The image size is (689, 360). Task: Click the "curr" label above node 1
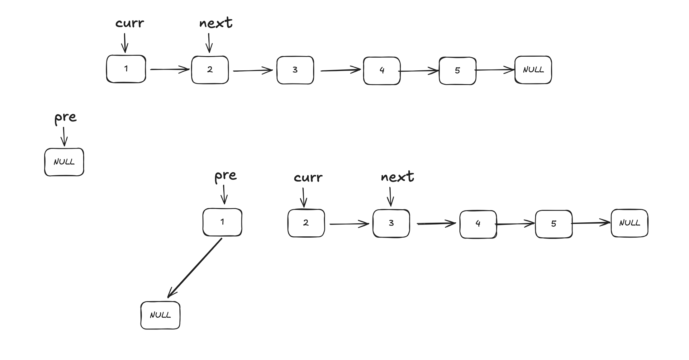click(x=130, y=23)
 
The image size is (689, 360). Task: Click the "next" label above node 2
click(x=216, y=23)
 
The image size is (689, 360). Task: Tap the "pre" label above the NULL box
click(x=65, y=118)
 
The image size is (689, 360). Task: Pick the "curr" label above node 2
click(x=308, y=178)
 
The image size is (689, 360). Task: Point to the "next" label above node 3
click(x=397, y=177)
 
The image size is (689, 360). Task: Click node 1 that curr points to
click(x=126, y=69)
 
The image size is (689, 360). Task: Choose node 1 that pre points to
click(x=222, y=222)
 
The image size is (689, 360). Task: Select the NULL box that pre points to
click(x=64, y=162)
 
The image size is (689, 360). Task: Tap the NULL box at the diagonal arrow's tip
click(x=160, y=315)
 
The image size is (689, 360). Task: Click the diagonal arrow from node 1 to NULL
click(x=195, y=268)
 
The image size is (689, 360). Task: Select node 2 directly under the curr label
click(x=306, y=223)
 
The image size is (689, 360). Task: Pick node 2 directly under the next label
click(x=210, y=70)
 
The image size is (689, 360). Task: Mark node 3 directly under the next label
click(x=391, y=223)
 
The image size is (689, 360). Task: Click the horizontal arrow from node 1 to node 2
click(x=169, y=69)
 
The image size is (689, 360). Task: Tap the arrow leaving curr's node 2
click(x=349, y=224)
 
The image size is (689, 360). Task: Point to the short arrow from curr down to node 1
click(x=125, y=43)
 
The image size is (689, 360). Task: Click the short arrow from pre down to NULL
click(x=64, y=136)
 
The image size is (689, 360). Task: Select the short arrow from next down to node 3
click(x=391, y=197)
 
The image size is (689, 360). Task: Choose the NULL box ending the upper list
click(x=533, y=70)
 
